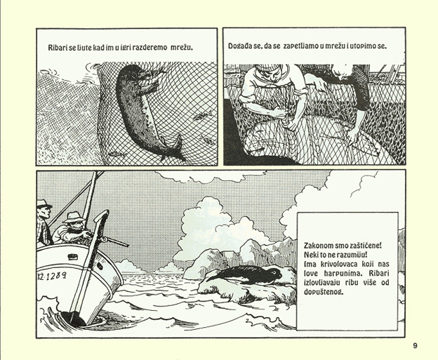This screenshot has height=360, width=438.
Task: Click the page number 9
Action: (415, 346)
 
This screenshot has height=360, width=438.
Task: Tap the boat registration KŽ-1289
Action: (52, 276)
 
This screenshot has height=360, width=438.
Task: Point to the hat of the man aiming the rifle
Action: (73, 216)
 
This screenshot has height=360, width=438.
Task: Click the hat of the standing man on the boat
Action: (44, 204)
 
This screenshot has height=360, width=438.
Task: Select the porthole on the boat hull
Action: (72, 257)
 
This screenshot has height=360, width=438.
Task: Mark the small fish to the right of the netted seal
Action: (200, 115)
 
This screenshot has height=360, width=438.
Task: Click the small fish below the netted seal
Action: (115, 153)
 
